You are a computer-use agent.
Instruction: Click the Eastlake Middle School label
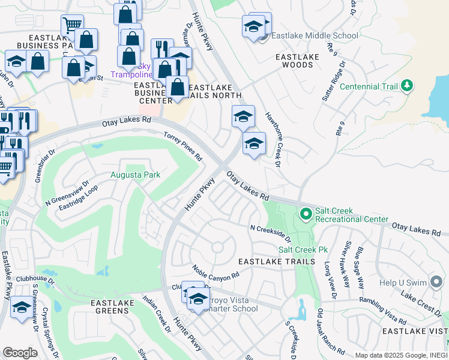[x=315, y=36]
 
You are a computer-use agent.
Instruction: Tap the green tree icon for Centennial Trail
[x=407, y=86]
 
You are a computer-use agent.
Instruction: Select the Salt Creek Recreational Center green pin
[x=306, y=214]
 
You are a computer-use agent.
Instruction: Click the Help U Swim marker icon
[x=436, y=283]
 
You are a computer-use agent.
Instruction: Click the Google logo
[x=20, y=353]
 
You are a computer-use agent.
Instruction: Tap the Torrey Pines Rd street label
[x=183, y=146]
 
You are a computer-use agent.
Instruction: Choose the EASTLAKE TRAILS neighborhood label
[x=276, y=262]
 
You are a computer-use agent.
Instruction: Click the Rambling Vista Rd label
[x=382, y=308]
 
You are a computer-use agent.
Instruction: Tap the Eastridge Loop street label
[x=78, y=197]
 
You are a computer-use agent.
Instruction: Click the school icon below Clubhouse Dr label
[x=22, y=307]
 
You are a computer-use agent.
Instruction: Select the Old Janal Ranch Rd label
[x=331, y=340]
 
